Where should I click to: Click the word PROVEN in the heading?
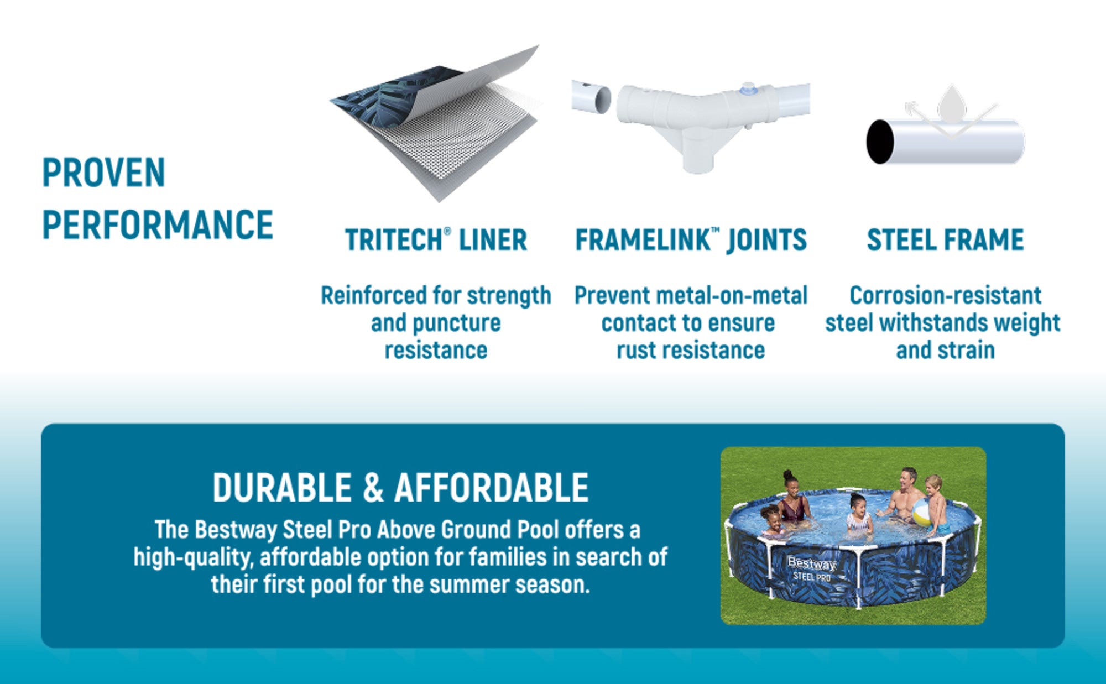tap(104, 173)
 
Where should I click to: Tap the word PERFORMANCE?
tap(158, 224)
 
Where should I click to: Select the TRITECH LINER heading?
tap(436, 240)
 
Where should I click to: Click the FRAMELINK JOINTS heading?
tap(691, 240)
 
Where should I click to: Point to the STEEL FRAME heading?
tap(946, 240)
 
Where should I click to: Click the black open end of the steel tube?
tap(880, 142)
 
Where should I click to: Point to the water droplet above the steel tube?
tap(952, 104)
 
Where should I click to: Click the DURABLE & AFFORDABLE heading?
tap(401, 488)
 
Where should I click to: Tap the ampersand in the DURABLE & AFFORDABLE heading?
tap(373, 488)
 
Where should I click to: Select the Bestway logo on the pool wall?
tap(811, 563)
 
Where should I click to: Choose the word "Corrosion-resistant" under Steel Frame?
tap(946, 295)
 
